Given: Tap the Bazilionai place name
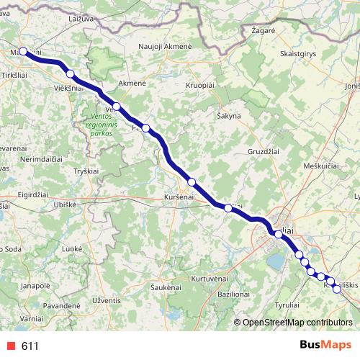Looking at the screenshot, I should point(233,294).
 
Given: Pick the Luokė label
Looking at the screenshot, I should point(72,248).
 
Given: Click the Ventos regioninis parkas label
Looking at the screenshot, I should point(102,124).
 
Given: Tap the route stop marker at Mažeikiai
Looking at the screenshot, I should point(23,51).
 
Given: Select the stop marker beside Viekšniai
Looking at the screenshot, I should point(70,73).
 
